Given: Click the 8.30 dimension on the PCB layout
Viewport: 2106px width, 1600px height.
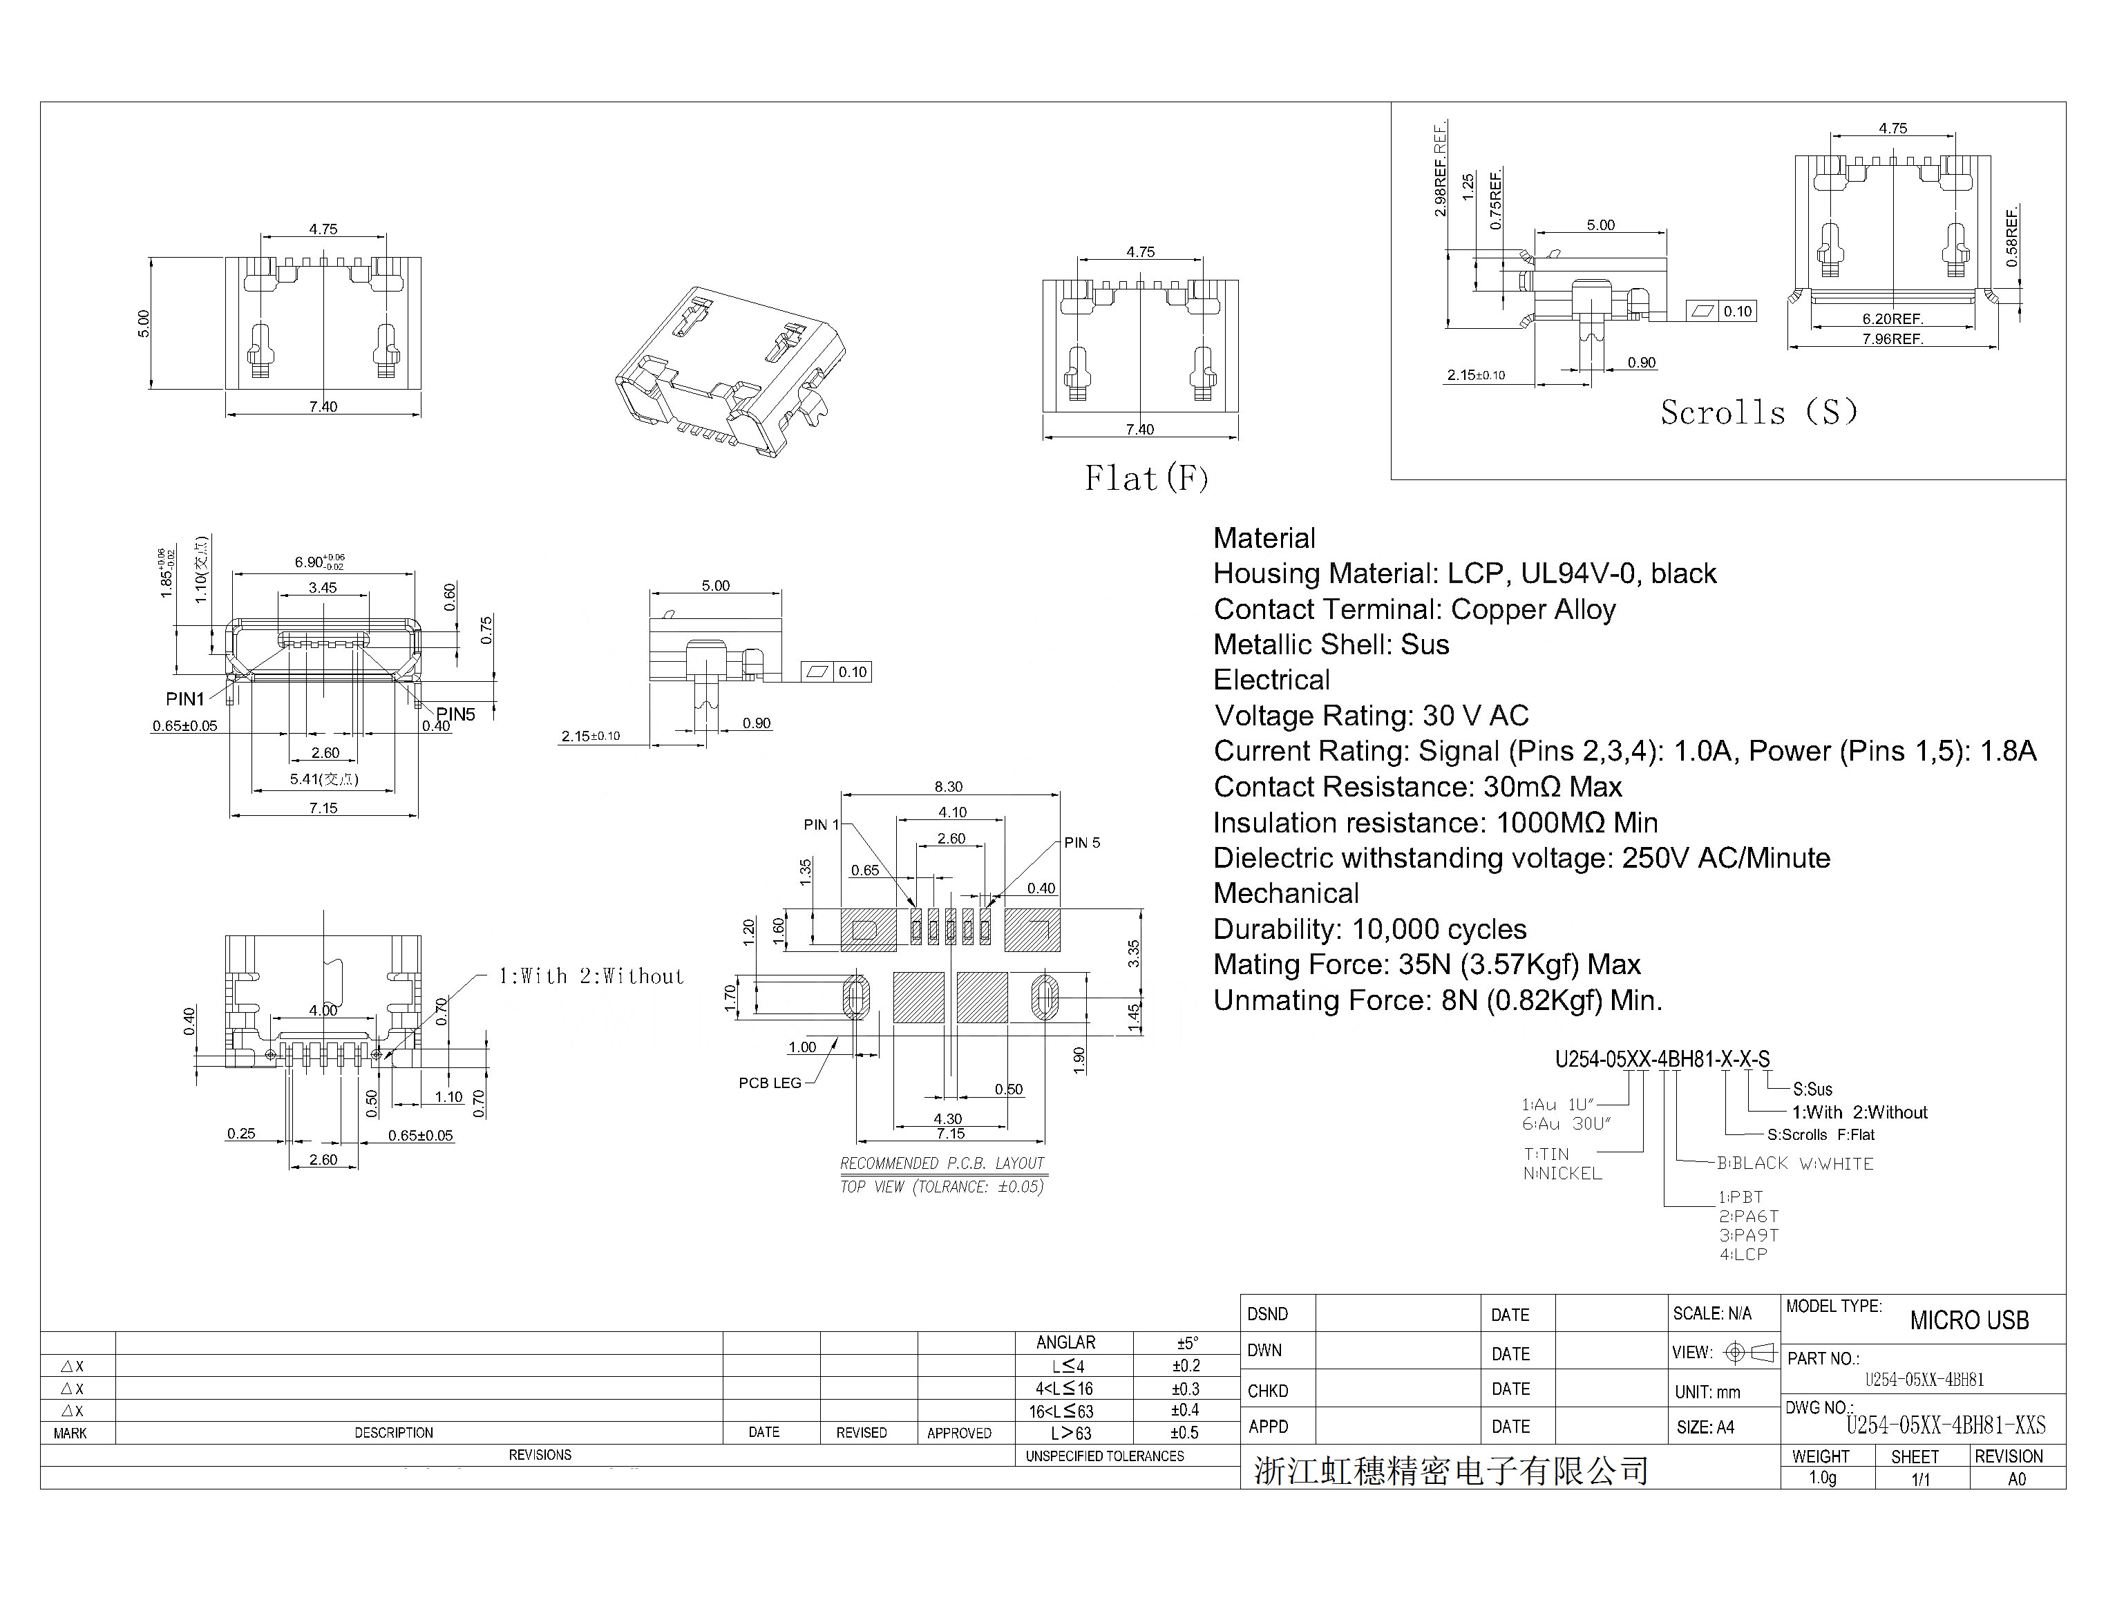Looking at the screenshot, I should click(948, 787).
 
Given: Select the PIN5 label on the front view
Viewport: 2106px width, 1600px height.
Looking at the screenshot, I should click(455, 714).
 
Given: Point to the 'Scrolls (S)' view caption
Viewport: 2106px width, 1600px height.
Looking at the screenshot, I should click(1758, 412).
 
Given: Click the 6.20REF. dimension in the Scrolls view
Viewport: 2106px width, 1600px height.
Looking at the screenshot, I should click(1892, 319).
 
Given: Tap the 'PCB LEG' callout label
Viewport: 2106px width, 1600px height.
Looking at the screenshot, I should click(770, 1083).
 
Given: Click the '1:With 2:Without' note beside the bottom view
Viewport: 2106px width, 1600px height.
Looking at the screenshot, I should click(591, 976).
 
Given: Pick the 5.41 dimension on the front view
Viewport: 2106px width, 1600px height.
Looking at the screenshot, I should click(324, 779).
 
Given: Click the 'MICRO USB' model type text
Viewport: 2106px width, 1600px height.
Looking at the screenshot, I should click(1969, 1321).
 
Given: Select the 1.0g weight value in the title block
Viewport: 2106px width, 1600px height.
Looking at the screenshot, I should click(1822, 1478).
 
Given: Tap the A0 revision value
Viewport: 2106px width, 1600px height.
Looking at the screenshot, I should click(2016, 1479).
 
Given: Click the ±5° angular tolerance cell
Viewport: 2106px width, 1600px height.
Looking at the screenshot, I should click(1187, 1343).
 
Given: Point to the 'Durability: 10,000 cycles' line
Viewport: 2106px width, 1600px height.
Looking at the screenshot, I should click(1369, 929).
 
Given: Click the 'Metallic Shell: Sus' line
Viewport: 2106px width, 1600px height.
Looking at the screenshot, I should click(1331, 645).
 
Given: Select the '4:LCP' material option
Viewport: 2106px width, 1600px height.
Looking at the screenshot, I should click(1743, 1255).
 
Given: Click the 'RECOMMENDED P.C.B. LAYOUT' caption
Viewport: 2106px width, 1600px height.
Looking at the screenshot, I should click(942, 1163).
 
